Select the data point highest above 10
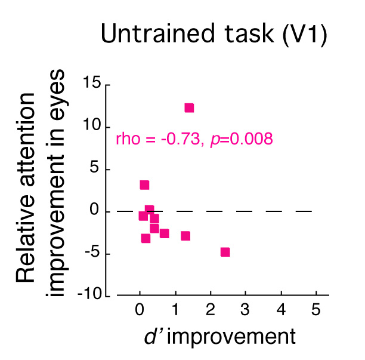189,108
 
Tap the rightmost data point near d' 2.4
225,252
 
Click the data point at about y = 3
144,185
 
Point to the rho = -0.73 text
156,140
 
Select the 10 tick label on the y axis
95,127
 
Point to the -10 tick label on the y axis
94,296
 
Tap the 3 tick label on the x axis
246,310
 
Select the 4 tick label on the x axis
281,310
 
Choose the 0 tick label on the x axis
140,310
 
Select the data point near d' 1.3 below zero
185,236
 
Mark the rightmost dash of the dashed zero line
304,211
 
